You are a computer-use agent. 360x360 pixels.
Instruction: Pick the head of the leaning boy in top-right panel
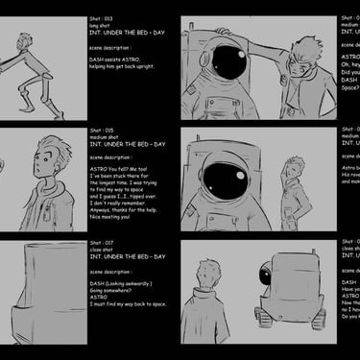coord(304,54)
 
